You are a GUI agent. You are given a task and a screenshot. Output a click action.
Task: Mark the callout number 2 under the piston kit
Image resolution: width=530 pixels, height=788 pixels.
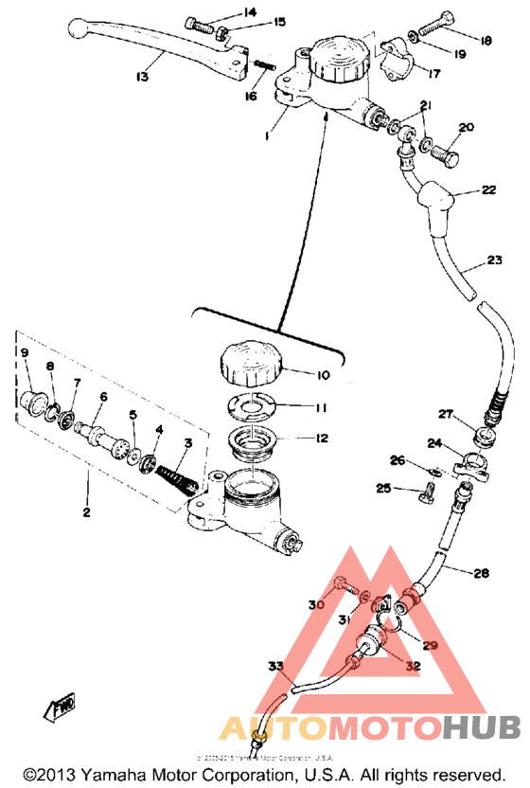coord(86,512)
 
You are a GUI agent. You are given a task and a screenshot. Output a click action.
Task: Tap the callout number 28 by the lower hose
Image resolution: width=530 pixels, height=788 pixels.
coord(481,573)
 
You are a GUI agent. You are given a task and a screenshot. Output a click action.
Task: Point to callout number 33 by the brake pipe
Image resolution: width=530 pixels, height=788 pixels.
coord(274,667)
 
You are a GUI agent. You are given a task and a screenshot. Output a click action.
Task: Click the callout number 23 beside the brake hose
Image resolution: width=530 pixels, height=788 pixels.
coord(495,261)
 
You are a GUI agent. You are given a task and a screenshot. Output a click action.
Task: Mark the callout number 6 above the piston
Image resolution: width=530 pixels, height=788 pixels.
coord(104,397)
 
